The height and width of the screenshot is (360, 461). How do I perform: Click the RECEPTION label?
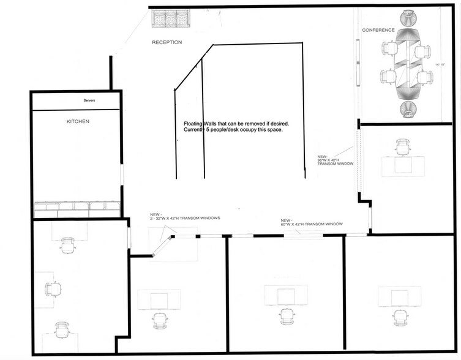(x=167, y=42)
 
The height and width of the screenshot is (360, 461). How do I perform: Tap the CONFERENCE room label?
(x=378, y=30)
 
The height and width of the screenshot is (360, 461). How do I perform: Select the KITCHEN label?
(x=78, y=122)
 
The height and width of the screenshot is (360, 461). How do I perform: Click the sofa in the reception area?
(x=171, y=19)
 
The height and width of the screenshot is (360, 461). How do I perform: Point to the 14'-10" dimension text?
(x=440, y=64)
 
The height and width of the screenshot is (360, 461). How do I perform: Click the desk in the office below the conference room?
(x=403, y=165)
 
